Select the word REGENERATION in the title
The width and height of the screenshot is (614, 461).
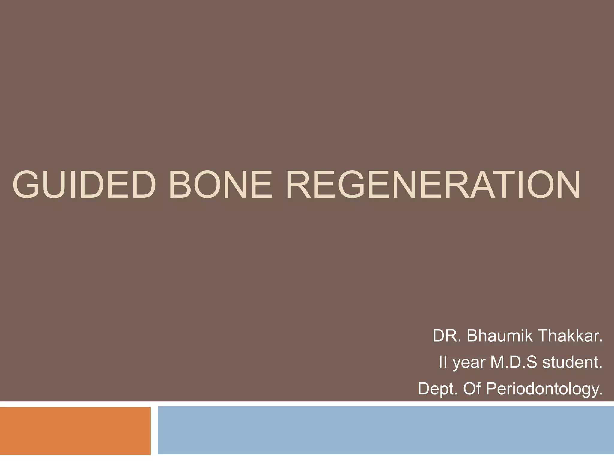point(433,185)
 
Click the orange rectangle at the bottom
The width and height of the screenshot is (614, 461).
point(75,430)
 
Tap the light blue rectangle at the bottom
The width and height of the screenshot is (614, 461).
point(386,430)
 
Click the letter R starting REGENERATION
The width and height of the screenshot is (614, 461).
point(298,185)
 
